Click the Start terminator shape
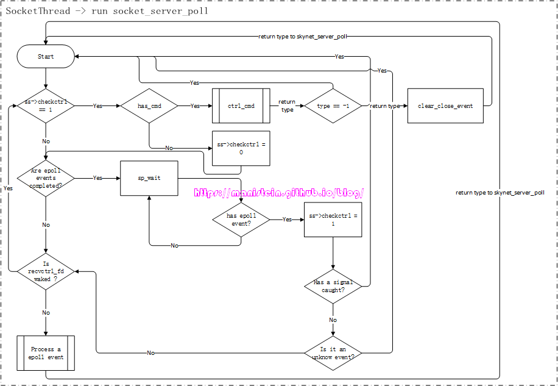point(46,57)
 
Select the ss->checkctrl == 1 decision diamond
point(46,105)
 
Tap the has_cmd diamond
point(149,105)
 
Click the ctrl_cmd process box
point(241,105)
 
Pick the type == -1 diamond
point(333,105)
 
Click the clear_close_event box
point(445,105)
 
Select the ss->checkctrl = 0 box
point(241,148)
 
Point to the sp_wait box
point(149,178)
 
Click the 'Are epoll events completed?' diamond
point(46,178)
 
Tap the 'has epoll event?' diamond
point(241,219)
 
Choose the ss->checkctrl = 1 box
point(333,219)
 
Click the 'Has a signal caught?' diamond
point(333,286)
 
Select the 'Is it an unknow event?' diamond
point(333,352)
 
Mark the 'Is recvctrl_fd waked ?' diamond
point(46,271)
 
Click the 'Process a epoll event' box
point(46,352)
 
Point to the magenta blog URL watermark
point(279,193)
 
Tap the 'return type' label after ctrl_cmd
point(287,105)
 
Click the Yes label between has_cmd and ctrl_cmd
point(195,105)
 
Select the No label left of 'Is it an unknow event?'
point(150,352)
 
